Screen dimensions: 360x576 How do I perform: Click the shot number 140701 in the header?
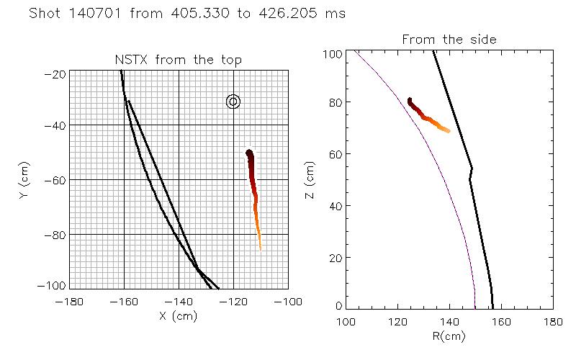pos(104,14)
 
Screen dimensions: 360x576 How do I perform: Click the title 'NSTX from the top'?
pos(179,60)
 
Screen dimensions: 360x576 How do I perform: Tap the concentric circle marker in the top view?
pos(233,102)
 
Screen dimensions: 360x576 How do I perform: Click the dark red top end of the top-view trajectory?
pos(249,153)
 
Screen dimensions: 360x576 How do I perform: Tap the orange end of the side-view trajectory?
pos(448,130)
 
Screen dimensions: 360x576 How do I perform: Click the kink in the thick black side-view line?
pos(472,170)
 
